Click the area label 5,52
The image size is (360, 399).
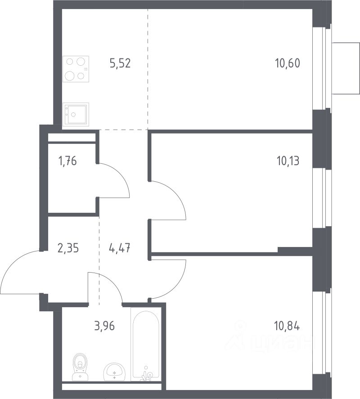[x=120, y=63]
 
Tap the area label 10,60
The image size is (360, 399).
[x=288, y=63]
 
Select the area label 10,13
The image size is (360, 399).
[x=288, y=161]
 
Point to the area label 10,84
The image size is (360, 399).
[x=287, y=326]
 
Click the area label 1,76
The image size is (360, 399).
[x=67, y=161]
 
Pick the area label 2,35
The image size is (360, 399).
[x=68, y=248]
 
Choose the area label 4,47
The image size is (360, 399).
[x=119, y=248]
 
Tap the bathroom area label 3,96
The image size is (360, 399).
[x=104, y=326]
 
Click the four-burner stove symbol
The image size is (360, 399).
[x=76, y=69]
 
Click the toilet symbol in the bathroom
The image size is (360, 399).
[x=81, y=367]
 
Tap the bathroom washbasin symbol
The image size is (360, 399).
[x=114, y=372]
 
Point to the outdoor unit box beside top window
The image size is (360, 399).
[x=346, y=68]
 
